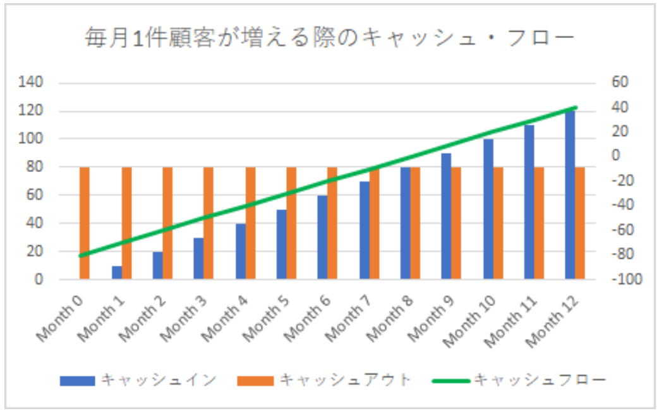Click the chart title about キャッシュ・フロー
click(x=329, y=39)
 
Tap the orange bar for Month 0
click(x=85, y=223)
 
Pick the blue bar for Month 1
click(x=116, y=273)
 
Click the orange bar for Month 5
click(x=291, y=223)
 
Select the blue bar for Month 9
click(x=446, y=216)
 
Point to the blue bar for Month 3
click(x=198, y=258)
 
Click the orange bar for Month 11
click(x=539, y=223)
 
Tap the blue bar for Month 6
click(x=322, y=237)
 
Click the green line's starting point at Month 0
click(x=80, y=256)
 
